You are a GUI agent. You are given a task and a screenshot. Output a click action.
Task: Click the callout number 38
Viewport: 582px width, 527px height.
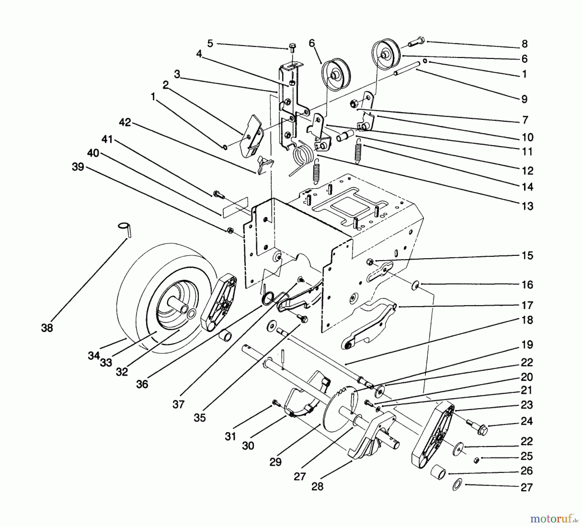coord(47,328)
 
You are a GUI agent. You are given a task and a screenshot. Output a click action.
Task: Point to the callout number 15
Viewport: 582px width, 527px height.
coord(527,255)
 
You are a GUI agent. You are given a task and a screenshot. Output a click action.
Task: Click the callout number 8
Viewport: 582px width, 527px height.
coord(524,43)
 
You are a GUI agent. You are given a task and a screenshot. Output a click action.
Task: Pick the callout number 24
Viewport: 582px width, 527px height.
coord(526,421)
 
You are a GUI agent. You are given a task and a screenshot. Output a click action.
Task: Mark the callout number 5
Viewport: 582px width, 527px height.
coord(210,43)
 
